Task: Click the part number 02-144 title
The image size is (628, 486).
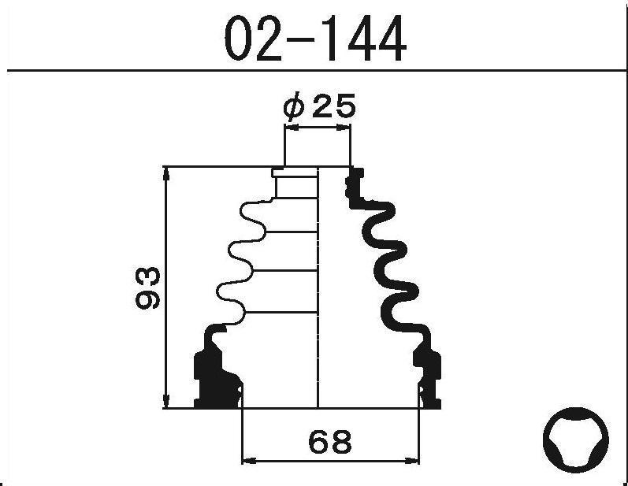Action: [x=315, y=39]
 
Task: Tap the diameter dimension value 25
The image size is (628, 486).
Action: [x=333, y=107]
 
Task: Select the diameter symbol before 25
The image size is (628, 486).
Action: [x=295, y=107]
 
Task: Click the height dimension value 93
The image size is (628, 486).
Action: [x=148, y=288]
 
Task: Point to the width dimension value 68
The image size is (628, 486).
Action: [x=330, y=441]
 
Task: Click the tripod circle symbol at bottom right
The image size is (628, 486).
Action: [x=576, y=440]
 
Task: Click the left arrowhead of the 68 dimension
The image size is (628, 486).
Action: [x=250, y=461]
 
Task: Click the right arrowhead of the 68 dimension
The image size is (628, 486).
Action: [x=412, y=461]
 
